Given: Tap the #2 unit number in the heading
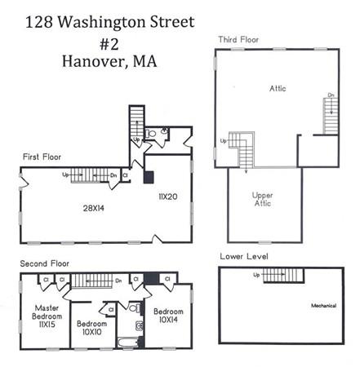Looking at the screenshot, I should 109,40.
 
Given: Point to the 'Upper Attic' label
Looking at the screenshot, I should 262,199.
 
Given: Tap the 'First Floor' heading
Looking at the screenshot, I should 42,156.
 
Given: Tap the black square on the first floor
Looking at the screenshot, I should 149,175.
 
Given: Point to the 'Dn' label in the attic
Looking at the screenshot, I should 331,95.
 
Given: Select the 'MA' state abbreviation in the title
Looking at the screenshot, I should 149,60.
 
